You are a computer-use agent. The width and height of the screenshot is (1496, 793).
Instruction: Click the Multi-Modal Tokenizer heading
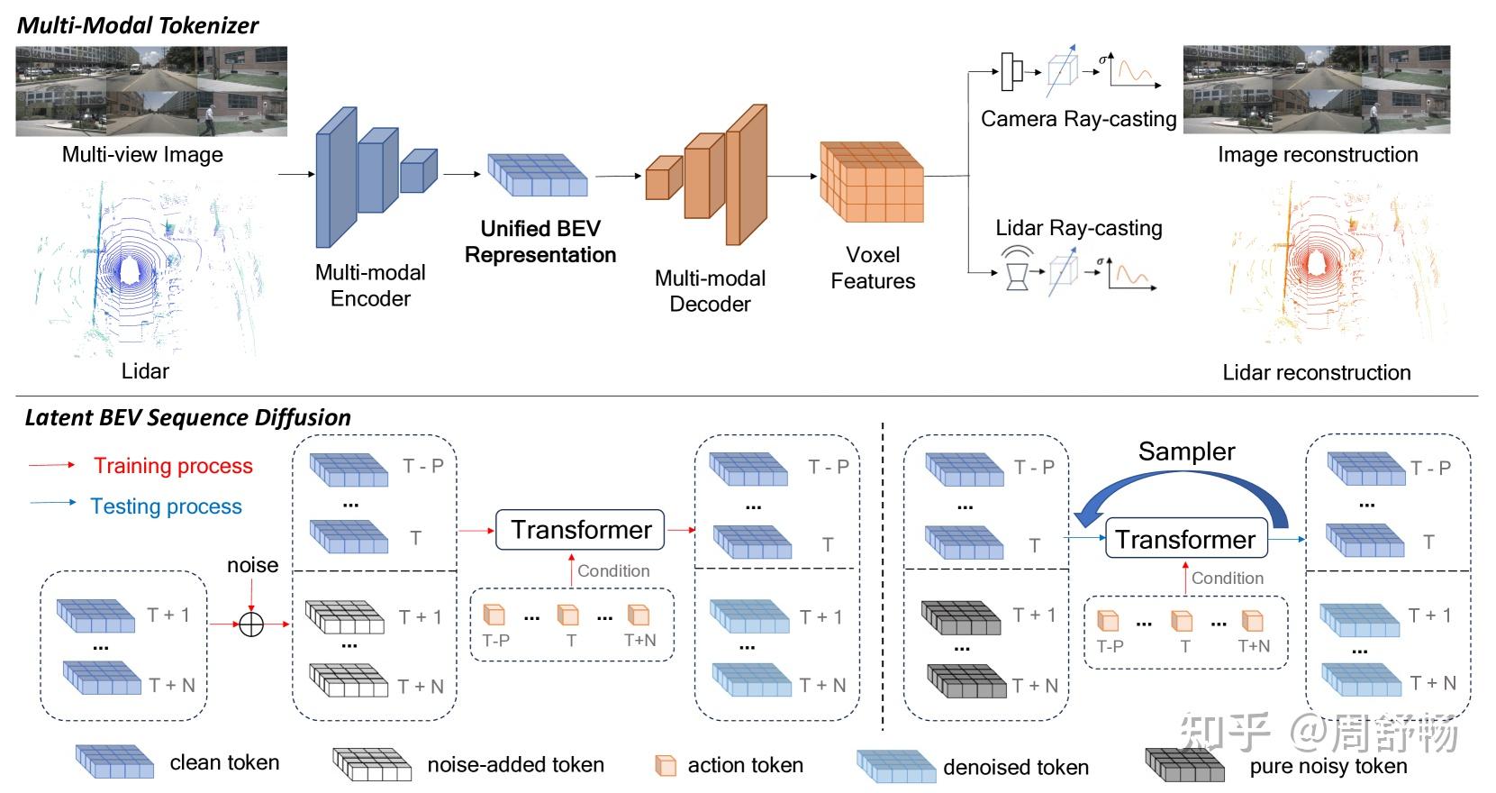(138, 25)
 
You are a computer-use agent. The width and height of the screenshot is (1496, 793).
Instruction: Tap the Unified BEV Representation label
(540, 242)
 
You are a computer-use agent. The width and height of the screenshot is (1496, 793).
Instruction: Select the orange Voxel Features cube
(872, 182)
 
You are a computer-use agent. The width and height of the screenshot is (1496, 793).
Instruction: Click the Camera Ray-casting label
(1079, 119)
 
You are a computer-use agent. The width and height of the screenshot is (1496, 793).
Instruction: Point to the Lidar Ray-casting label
(1079, 228)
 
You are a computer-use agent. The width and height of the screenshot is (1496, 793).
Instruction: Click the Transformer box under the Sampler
(1186, 539)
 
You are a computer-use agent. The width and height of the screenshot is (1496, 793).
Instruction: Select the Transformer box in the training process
(580, 530)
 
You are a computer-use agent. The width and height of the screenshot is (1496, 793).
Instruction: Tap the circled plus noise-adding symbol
(251, 624)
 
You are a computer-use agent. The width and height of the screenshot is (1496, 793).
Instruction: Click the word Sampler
(1186, 451)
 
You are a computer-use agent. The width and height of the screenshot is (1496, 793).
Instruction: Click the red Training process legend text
(173, 466)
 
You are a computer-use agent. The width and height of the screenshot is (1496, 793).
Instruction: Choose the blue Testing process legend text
(167, 506)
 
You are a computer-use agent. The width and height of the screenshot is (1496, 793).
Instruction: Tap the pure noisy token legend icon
(1184, 765)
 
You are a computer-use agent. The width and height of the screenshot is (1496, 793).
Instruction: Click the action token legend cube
(666, 765)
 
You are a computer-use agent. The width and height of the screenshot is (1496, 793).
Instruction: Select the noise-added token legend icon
(372, 764)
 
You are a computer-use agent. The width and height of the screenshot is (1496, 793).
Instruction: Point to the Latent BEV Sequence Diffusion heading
(187, 417)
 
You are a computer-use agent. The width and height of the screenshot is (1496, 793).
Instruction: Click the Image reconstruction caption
(1318, 154)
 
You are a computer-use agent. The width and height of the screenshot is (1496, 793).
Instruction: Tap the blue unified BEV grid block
(537, 174)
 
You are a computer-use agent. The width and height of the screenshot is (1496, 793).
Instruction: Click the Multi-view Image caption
(142, 155)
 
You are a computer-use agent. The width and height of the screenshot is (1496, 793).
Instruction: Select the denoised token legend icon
(896, 766)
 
